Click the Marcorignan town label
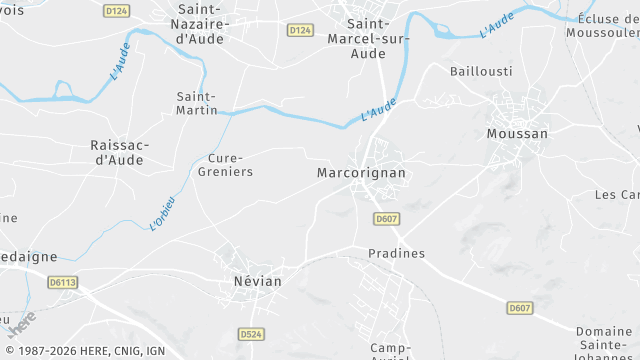360,173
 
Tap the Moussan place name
516,133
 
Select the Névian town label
257,282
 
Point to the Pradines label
396,253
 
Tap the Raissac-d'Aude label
120,152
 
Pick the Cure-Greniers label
230,165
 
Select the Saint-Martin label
197,103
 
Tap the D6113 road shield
62,283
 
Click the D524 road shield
251,333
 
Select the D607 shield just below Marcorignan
386,218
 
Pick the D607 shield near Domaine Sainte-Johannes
519,307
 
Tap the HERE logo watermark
21,325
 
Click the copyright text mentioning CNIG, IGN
84,351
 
